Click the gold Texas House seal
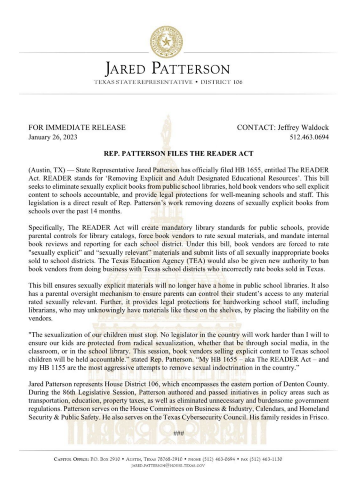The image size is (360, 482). point(166,42)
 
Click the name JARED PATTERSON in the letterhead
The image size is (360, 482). point(168,69)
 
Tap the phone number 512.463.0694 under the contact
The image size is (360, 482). point(309,138)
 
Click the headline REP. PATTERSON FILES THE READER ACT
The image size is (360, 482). point(178,153)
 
